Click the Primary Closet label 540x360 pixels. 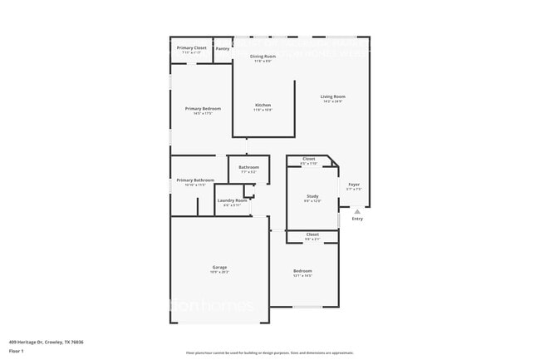(192, 48)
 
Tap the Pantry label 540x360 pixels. (223, 49)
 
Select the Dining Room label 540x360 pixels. (263, 57)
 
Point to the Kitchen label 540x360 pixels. (263, 106)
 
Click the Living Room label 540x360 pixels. (333, 97)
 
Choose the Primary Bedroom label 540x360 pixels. (203, 109)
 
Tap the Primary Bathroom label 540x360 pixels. (195, 180)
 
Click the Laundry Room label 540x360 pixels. (232, 200)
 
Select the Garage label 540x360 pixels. (219, 268)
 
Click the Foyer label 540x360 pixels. (354, 184)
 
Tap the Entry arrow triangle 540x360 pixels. (357, 211)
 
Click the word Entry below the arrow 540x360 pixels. (357, 219)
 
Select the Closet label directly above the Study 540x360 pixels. (308, 159)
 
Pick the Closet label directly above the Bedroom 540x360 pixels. (312, 234)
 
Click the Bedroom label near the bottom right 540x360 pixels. (302, 271)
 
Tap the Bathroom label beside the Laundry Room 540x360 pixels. (248, 167)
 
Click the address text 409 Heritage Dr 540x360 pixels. (46, 342)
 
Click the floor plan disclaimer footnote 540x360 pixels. (270, 353)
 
